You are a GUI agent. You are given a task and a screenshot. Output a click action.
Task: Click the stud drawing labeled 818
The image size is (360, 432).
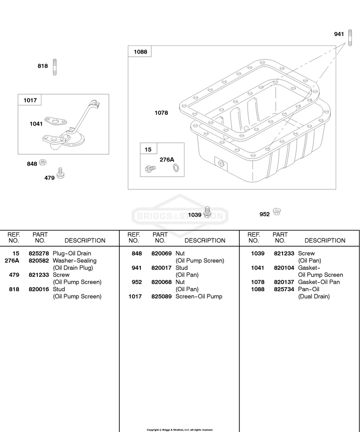click(x=54, y=67)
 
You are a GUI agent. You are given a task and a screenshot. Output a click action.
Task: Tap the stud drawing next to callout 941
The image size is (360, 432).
click(x=350, y=38)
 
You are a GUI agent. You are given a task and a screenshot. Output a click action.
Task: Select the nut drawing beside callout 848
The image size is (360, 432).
click(x=42, y=162)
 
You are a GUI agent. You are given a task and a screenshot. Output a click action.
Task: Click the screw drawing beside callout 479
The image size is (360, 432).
click(x=60, y=173)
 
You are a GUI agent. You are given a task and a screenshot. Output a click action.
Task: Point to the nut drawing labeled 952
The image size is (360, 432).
click(x=277, y=211)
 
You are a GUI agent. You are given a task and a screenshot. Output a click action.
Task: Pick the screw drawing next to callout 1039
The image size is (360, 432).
click(x=207, y=211)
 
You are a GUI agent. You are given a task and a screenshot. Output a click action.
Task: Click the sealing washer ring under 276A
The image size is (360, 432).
click(x=175, y=167)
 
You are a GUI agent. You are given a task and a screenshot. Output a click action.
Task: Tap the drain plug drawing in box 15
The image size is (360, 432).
click(x=150, y=168)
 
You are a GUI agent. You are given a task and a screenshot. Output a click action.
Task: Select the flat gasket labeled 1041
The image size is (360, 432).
click(x=56, y=121)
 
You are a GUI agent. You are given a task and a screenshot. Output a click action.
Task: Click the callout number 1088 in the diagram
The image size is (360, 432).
click(x=140, y=52)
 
